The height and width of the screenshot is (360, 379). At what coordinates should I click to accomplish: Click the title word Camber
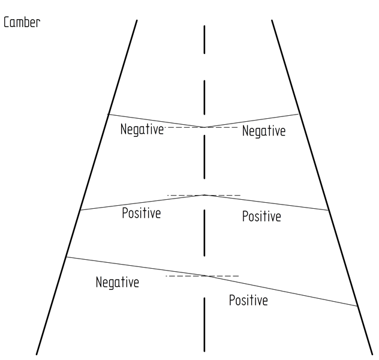22,25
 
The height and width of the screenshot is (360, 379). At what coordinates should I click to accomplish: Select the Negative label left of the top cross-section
142,129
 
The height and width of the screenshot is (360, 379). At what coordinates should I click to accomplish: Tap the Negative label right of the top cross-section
264,131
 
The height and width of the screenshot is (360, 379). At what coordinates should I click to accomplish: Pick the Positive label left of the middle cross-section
141,213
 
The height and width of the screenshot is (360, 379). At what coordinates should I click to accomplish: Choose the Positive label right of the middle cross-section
261,216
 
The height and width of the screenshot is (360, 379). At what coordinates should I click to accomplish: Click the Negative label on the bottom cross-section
118,282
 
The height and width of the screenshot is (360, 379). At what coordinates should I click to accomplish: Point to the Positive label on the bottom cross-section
248,300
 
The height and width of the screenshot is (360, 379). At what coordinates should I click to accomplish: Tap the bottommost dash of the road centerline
204,324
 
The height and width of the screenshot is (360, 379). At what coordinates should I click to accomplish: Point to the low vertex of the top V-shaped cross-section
204,127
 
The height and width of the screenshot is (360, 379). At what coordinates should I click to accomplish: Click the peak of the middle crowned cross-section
204,195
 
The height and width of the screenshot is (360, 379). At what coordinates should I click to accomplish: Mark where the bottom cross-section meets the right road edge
358,306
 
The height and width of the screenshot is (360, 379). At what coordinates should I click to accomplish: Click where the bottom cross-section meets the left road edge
66,257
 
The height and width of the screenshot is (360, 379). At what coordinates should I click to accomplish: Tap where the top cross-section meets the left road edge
107,114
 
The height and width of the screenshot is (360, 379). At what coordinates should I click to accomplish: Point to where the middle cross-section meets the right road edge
329,210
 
